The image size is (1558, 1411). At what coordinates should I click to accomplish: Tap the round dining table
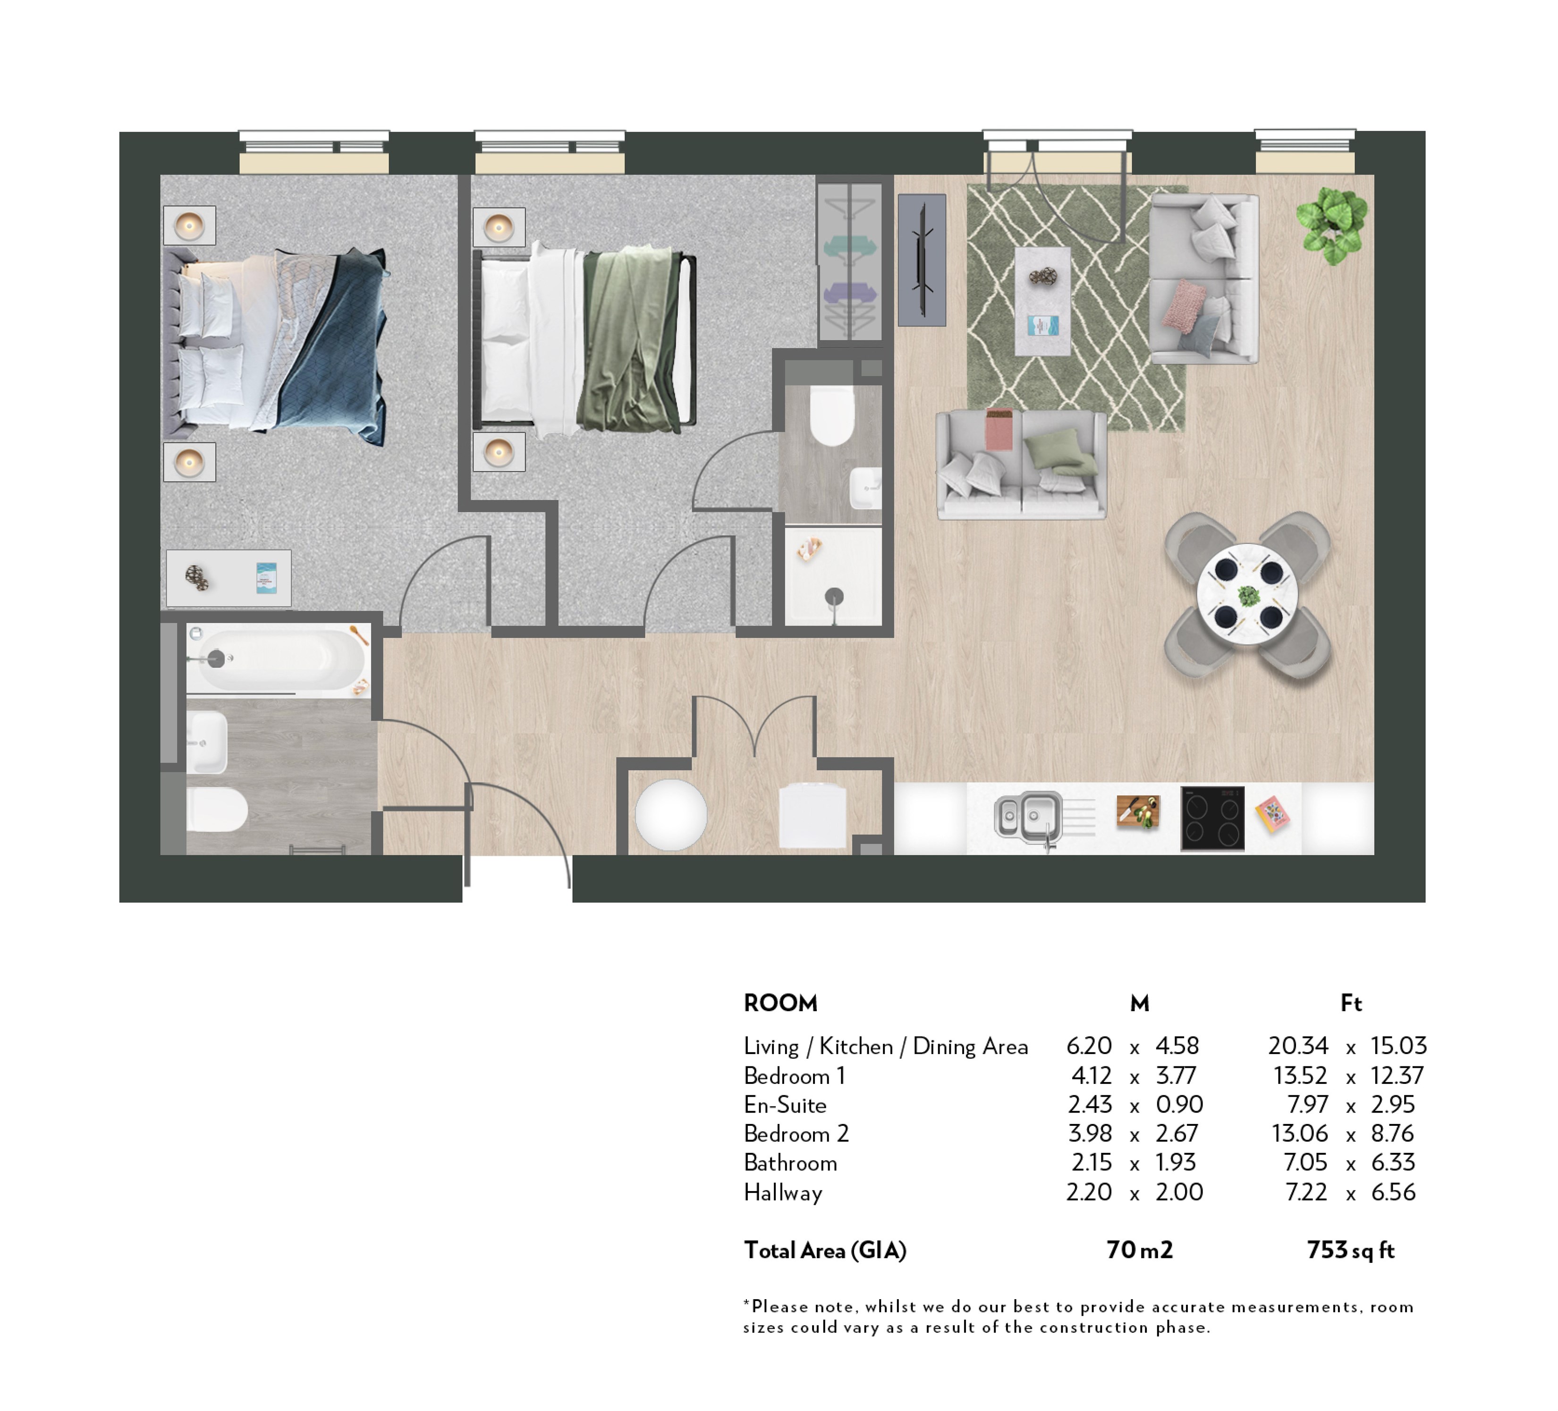(1247, 596)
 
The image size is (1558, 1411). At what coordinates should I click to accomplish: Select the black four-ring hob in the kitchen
(1212, 818)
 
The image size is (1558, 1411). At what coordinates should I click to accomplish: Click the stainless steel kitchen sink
(1029, 816)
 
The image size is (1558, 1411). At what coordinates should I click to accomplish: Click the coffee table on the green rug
(1042, 301)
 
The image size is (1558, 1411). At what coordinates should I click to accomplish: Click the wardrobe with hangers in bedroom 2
(850, 261)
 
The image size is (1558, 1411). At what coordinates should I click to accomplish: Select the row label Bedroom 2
(796, 1133)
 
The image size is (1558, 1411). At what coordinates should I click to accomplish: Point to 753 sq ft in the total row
(1350, 1250)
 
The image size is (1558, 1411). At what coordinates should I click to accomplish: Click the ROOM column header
(780, 1003)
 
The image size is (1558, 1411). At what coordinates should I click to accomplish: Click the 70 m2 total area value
(1139, 1250)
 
